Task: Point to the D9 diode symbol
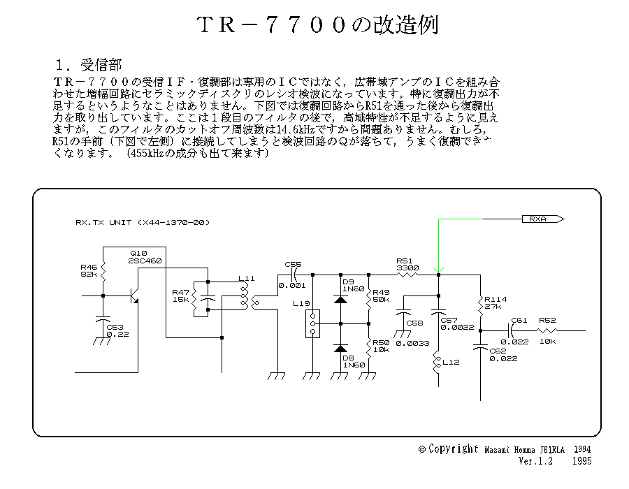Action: pyautogui.click(x=340, y=299)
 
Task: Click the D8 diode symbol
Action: pyautogui.click(x=340, y=348)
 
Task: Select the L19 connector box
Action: pyautogui.click(x=312, y=323)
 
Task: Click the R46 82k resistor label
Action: pyautogui.click(x=89, y=271)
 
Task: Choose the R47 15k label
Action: pyautogui.click(x=180, y=295)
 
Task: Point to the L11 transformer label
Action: pyautogui.click(x=246, y=278)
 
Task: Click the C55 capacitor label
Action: pyautogui.click(x=293, y=264)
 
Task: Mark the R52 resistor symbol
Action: pyautogui.click(x=549, y=330)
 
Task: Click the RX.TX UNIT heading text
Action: pyautogui.click(x=143, y=223)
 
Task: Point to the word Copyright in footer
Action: pyautogui.click(x=454, y=448)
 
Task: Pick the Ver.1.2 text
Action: pyautogui.click(x=535, y=462)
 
